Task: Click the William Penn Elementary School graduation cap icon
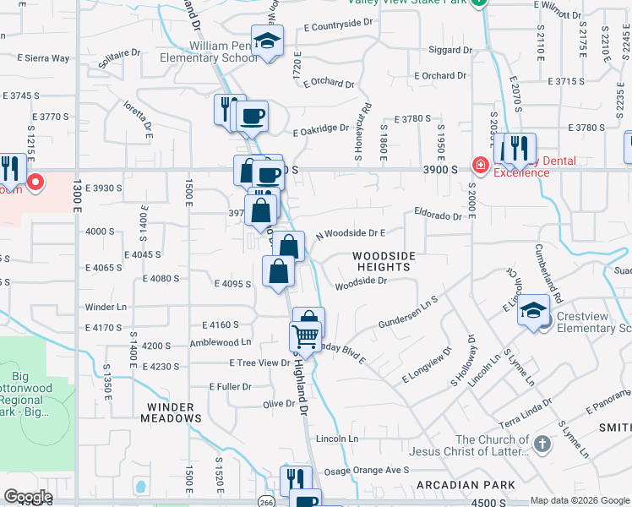268,41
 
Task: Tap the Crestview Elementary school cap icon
534,311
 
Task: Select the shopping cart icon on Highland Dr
305,336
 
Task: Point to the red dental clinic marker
480,164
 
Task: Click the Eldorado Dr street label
438,216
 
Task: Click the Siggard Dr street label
449,51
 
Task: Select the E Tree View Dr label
259,363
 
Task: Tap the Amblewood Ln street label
221,342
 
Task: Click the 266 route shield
265,494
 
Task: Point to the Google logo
29,497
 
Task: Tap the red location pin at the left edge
36,182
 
